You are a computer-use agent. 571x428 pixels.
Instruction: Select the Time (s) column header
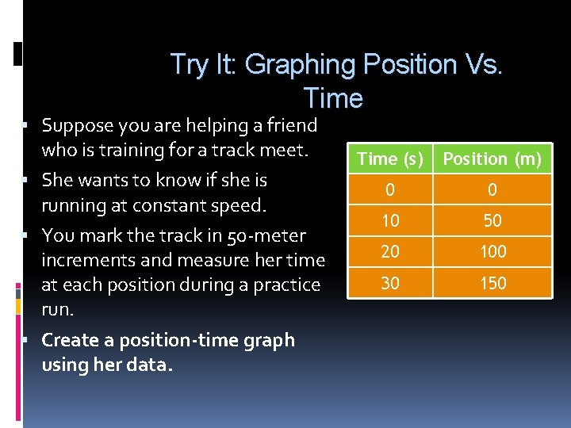click(389, 159)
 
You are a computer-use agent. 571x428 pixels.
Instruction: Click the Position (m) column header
click(492, 159)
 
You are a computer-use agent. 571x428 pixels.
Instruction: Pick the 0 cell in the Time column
click(389, 190)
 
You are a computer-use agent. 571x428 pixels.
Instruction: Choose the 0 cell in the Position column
click(492, 190)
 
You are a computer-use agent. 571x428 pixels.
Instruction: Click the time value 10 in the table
click(389, 221)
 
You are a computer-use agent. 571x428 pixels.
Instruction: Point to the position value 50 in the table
click(492, 221)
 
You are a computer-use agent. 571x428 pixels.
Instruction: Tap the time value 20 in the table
click(389, 252)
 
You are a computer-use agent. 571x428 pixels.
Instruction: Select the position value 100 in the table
click(492, 252)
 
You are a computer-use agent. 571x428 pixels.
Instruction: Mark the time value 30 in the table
click(389, 283)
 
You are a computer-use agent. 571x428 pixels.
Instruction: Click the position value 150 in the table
click(492, 283)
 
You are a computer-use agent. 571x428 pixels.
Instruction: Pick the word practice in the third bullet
click(288, 285)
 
